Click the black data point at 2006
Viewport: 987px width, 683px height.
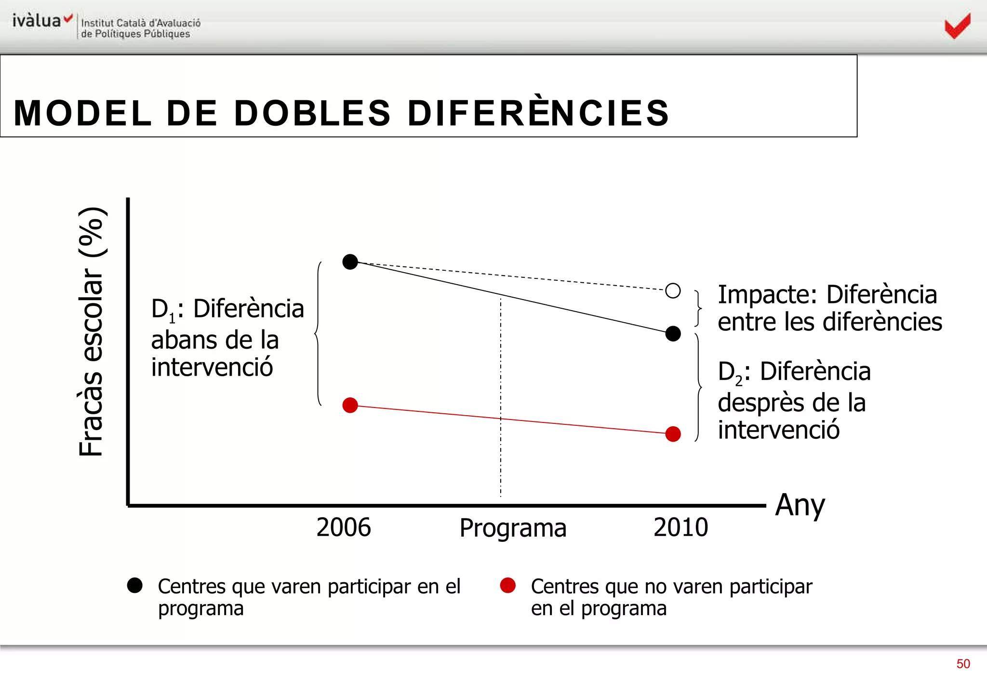pos(350,262)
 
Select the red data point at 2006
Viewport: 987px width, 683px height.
pos(350,405)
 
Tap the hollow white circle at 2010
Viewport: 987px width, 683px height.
pos(673,290)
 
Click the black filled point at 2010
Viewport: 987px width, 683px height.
pos(673,333)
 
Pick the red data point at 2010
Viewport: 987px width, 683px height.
pos(673,434)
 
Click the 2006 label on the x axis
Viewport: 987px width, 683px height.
pos(344,527)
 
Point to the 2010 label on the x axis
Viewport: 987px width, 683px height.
pos(680,527)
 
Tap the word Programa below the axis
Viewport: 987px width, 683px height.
pos(513,528)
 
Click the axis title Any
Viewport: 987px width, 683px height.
pos(800,506)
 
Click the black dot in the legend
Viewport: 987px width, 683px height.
pos(135,585)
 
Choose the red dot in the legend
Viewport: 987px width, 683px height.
pos(508,585)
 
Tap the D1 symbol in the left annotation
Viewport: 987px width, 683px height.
pos(163,310)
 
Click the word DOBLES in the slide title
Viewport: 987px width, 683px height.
pos(312,113)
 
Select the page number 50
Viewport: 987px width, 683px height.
pos(963,664)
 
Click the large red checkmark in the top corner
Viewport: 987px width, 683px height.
pos(958,26)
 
